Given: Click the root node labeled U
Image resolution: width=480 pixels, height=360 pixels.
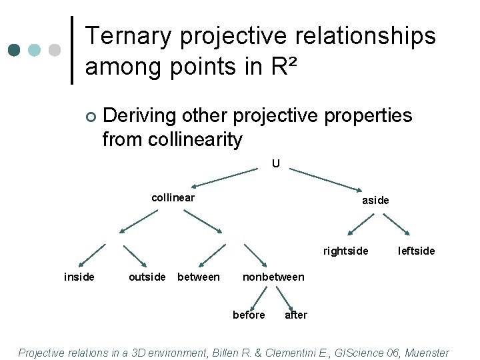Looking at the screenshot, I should tap(275, 163).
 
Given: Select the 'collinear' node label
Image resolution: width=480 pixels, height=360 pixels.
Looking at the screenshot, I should tap(173, 198).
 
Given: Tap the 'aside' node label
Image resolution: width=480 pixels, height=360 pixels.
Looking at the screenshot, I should tap(375, 200).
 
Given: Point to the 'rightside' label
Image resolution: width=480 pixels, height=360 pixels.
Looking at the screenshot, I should tap(345, 251).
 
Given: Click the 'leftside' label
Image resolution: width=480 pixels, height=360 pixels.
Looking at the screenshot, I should tap(416, 251).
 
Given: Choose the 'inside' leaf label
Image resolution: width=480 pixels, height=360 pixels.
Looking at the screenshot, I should tap(79, 277).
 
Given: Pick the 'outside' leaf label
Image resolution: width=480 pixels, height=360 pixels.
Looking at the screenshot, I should tap(147, 277).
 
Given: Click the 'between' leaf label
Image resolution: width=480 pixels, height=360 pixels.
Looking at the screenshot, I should tap(198, 277).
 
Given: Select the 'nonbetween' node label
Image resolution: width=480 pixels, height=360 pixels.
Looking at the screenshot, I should tap(273, 277).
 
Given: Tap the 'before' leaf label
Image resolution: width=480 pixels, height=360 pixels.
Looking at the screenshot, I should tap(249, 315).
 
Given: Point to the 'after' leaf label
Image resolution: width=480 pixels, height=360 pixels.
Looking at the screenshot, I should tap(296, 315).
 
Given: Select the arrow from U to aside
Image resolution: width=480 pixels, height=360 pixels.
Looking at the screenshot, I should tap(327, 179).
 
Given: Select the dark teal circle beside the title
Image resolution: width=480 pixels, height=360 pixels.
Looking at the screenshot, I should tap(14, 51).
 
